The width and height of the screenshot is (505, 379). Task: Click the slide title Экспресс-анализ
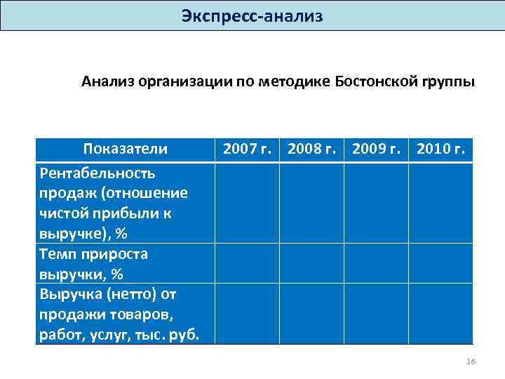[252, 15]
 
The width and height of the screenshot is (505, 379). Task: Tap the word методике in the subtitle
[294, 81]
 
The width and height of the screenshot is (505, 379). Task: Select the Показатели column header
[126, 149]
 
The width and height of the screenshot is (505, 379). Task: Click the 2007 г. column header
[248, 149]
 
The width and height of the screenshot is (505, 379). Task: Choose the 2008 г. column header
[311, 149]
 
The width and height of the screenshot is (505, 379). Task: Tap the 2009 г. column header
[376, 149]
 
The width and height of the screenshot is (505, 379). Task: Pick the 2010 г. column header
[440, 149]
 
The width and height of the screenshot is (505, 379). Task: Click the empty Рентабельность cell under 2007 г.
[248, 203]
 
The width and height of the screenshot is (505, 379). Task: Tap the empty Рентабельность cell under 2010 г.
[440, 203]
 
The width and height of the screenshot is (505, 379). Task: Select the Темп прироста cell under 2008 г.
[311, 263]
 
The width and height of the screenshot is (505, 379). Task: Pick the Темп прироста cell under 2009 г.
[376, 263]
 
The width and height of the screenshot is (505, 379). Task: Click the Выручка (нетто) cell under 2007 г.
[248, 313]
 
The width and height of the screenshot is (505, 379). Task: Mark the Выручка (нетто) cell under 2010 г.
[440, 313]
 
